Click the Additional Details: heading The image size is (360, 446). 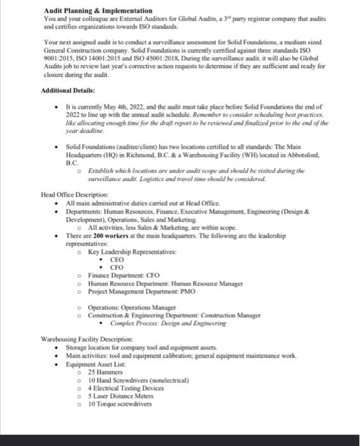coord(69,90)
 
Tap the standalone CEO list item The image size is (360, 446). coord(117,260)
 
